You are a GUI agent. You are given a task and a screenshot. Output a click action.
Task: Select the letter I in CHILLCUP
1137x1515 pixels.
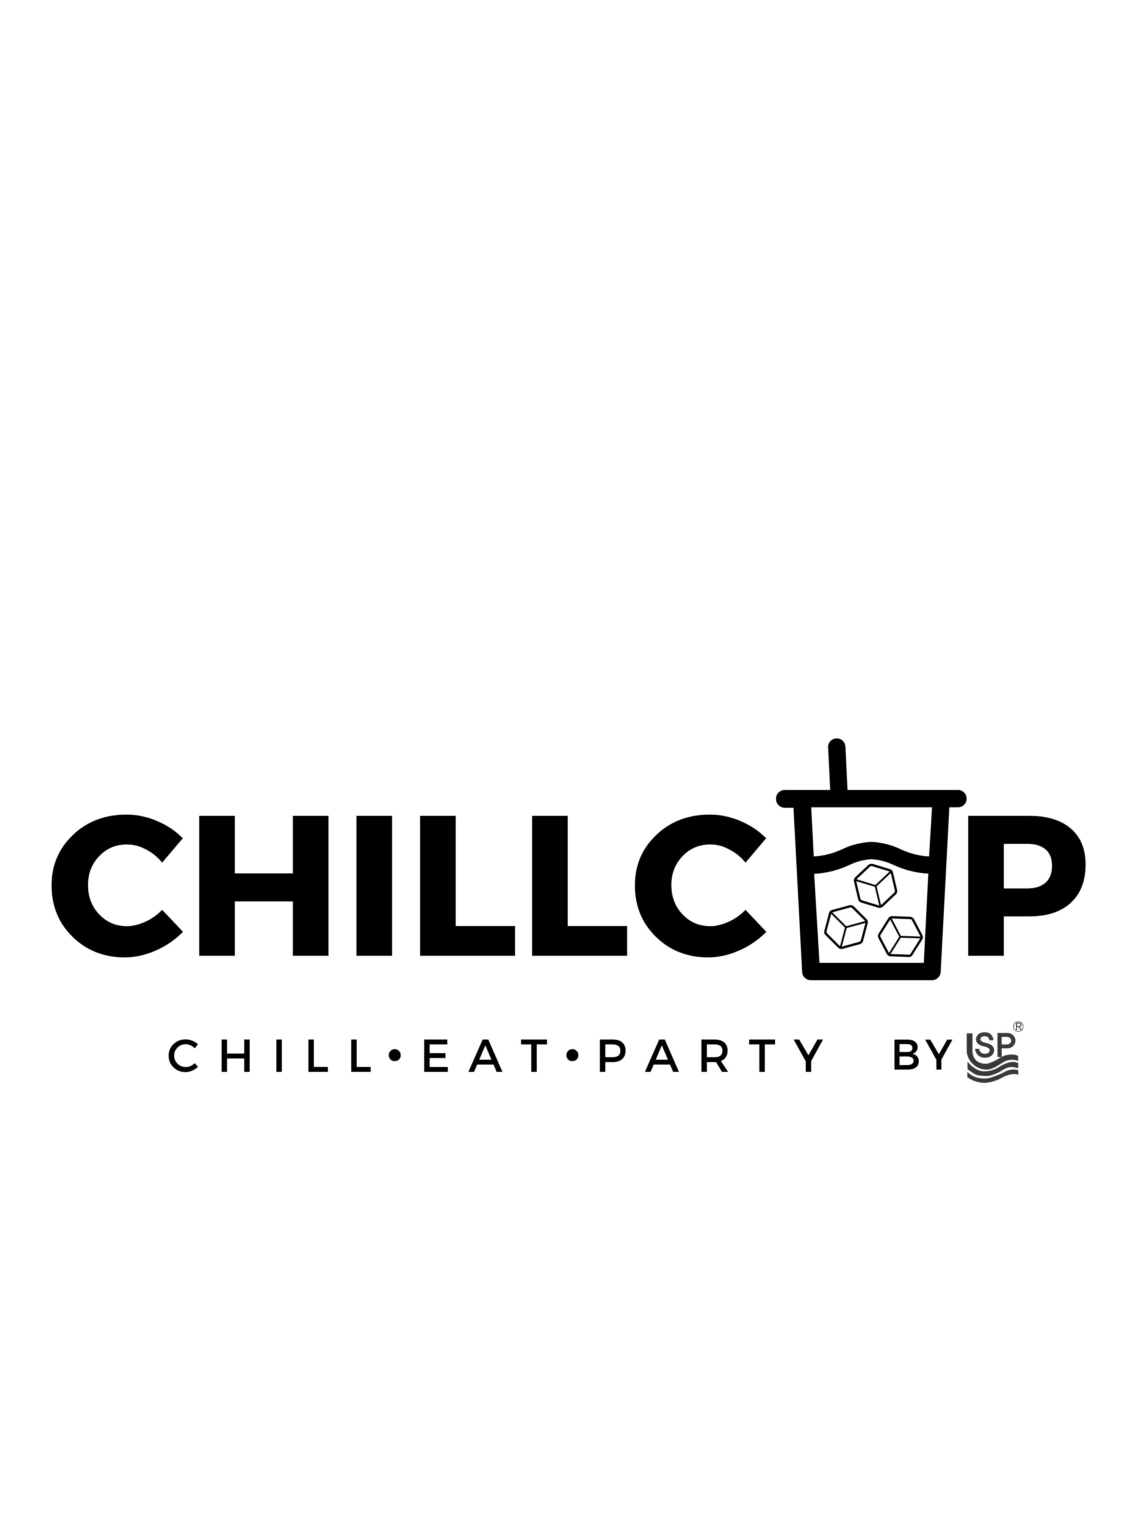[374, 886]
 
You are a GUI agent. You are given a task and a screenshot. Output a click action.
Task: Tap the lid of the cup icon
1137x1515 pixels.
[871, 798]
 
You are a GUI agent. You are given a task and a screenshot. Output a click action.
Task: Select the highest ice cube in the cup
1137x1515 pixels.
[875, 886]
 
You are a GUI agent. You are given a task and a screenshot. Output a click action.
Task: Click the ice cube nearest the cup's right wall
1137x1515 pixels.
[900, 936]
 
